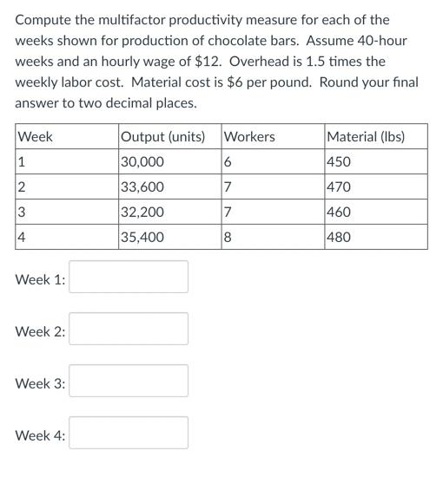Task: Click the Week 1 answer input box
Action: (x=129, y=277)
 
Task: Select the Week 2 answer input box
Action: (x=129, y=329)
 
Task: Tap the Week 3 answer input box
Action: (x=129, y=381)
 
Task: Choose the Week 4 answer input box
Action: (x=129, y=433)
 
